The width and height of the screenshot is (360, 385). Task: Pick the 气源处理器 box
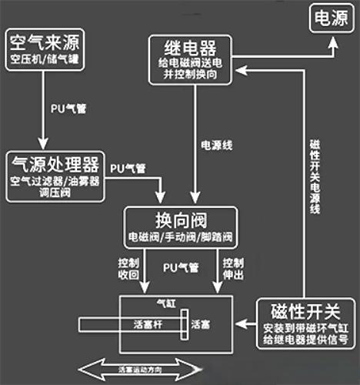pyautogui.click(x=55, y=176)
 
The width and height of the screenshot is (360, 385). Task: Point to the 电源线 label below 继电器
pyautogui.click(x=213, y=145)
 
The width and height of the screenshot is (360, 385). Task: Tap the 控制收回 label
pyautogui.click(x=128, y=266)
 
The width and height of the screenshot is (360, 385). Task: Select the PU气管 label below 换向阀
pyautogui.click(x=180, y=267)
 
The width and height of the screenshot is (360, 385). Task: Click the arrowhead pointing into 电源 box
pyautogui.click(x=332, y=45)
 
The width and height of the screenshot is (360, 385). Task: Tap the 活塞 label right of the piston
pyautogui.click(x=201, y=325)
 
